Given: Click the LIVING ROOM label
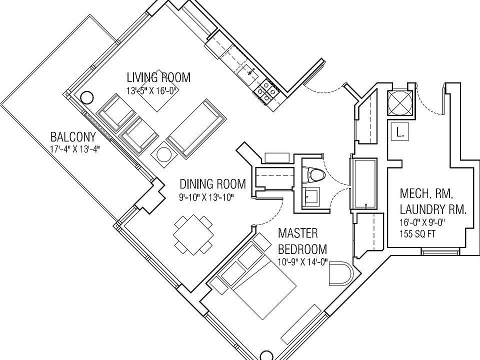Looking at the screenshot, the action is pyautogui.click(x=158, y=77).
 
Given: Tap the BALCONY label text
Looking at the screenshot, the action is pyautogui.click(x=73, y=137).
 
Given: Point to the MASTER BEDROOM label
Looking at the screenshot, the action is pyautogui.click(x=302, y=241).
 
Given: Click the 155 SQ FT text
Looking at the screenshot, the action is pyautogui.click(x=417, y=232).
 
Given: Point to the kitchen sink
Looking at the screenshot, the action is pyautogui.click(x=248, y=73).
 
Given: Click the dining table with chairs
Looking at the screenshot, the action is pyautogui.click(x=192, y=234).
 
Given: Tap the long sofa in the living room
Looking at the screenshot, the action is pyautogui.click(x=194, y=128).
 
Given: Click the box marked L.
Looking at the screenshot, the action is pyautogui.click(x=399, y=132).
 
